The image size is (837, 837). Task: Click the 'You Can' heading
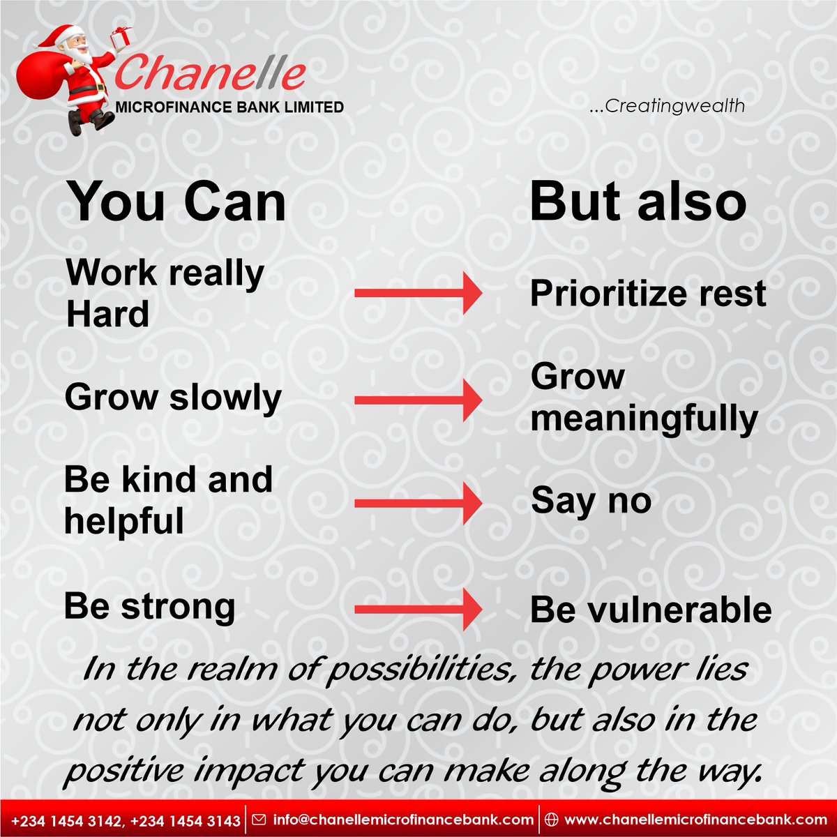[x=176, y=202]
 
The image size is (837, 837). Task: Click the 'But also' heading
[x=638, y=202]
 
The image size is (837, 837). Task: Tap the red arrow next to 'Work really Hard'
[x=417, y=293]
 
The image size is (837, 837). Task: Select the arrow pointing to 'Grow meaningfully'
[x=417, y=400]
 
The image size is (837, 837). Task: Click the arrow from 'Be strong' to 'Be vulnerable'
[x=417, y=610]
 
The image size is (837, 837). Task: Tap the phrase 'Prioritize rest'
[x=647, y=294]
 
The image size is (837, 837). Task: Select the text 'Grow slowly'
[x=173, y=398]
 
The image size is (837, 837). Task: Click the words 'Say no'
[x=591, y=501]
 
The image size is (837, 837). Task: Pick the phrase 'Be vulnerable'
[x=650, y=610]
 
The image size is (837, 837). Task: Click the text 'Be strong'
[x=149, y=606]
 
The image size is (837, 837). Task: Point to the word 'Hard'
[x=107, y=315]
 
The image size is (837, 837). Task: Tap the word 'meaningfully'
[x=643, y=419]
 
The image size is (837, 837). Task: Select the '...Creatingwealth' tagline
[x=667, y=107]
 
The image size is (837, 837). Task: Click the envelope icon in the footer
[x=259, y=820]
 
